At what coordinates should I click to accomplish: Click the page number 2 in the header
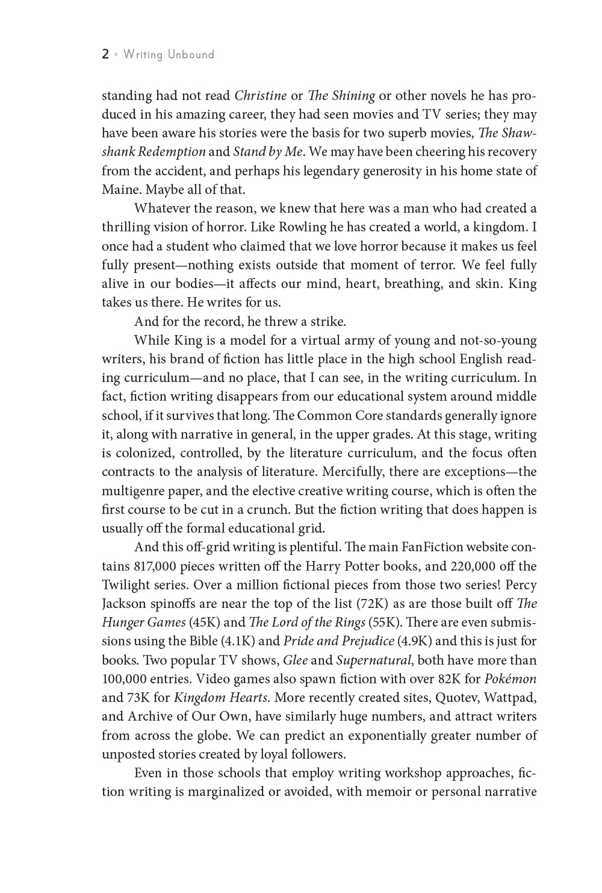(105, 55)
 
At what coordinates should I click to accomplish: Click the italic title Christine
(260, 96)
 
